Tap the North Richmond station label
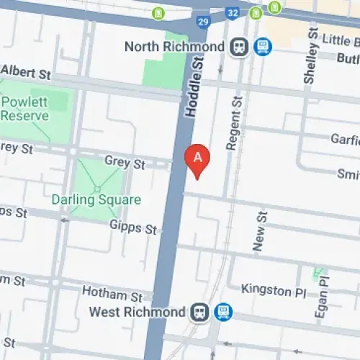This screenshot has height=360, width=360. coord(174,47)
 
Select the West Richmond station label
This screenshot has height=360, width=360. coord(137,312)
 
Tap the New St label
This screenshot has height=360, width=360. coord(261,230)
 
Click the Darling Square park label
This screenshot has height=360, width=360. coord(96,199)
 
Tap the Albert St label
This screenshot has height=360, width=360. coord(27,73)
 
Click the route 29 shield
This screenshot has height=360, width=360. coord(203,22)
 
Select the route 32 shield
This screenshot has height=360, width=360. coord(232,13)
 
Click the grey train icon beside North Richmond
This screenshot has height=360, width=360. coord(238,48)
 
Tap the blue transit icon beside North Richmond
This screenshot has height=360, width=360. coord(263,48)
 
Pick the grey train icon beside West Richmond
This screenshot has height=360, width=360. coord(199,312)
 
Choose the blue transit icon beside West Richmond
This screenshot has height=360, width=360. coord(223,312)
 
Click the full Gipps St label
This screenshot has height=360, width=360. coord(133,228)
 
